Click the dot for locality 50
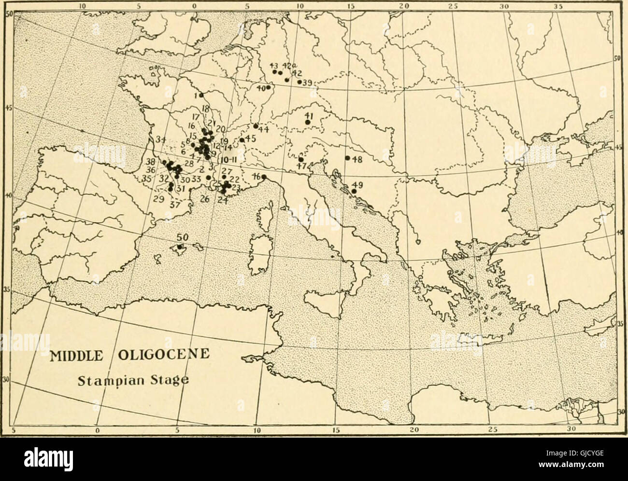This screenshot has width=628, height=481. [x=180, y=247]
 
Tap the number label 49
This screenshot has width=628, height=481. [x=357, y=185]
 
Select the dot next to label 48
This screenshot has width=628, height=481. [x=347, y=158]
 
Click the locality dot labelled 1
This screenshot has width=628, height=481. [x=201, y=95]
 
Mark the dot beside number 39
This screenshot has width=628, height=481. [x=300, y=82]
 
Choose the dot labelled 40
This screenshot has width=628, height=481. [x=268, y=87]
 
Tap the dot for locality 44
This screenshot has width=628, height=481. [x=256, y=126]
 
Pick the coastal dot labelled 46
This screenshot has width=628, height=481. [x=263, y=177]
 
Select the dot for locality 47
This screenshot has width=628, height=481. [x=301, y=159]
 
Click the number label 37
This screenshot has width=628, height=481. [x=175, y=204]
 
